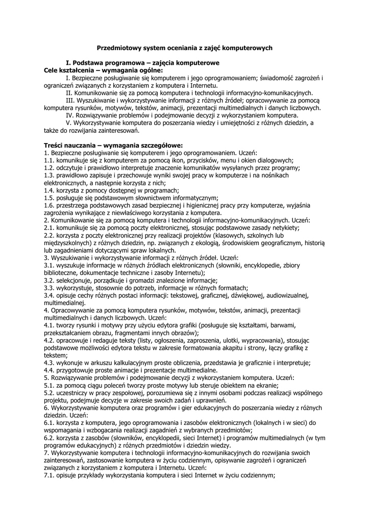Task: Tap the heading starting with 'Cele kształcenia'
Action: [x=104, y=70]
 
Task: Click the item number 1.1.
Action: [x=50, y=160]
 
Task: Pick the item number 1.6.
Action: [x=50, y=205]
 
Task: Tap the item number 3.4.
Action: [x=50, y=295]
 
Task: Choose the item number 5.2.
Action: [x=50, y=393]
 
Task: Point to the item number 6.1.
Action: [x=50, y=422]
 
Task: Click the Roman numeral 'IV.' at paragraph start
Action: [x=71, y=115]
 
